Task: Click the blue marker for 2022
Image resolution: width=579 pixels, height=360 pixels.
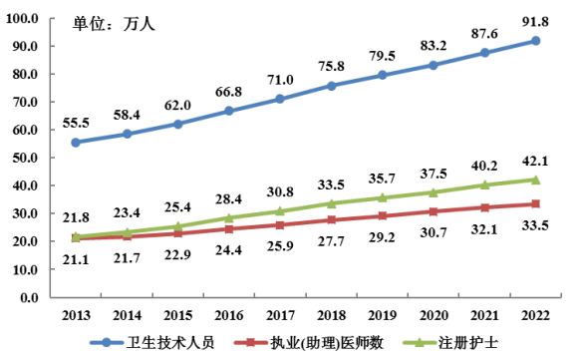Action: (x=535, y=41)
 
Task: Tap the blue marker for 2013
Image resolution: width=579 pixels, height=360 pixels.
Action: (x=76, y=142)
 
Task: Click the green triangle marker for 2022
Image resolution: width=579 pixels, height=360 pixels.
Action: (x=535, y=180)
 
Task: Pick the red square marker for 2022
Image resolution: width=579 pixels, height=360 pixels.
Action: (x=535, y=203)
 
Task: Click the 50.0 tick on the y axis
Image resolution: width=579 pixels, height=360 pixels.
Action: (x=25, y=158)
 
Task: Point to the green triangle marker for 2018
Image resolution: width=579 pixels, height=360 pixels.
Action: (x=331, y=203)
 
